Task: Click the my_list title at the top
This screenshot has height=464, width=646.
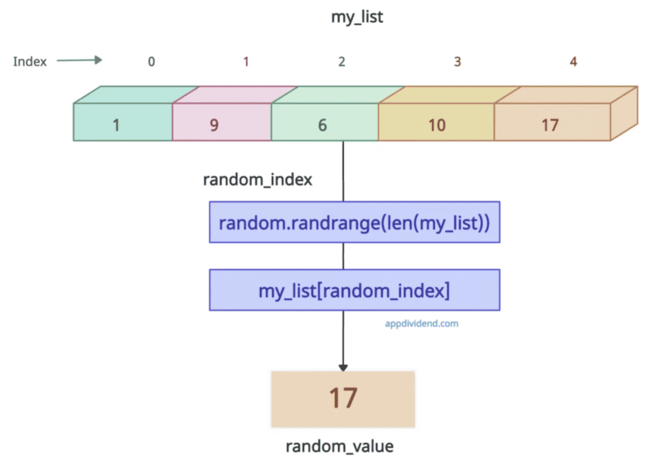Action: click(357, 17)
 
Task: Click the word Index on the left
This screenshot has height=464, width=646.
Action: click(30, 61)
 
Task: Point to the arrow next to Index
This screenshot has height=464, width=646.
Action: click(79, 61)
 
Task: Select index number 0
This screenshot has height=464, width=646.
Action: click(151, 62)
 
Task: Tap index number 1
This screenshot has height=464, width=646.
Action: click(246, 62)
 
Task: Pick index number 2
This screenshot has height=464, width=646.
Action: click(341, 62)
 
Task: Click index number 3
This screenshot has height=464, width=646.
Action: click(457, 62)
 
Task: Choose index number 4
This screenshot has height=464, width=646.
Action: click(573, 62)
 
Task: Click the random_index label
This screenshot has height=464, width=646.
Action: click(257, 180)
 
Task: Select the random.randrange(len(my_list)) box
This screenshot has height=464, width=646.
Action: click(355, 222)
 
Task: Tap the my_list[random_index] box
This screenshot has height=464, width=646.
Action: click(355, 290)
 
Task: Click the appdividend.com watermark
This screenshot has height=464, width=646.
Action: click(421, 323)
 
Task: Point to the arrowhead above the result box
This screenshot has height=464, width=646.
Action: click(343, 366)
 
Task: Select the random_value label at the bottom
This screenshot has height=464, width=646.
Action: click(339, 446)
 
